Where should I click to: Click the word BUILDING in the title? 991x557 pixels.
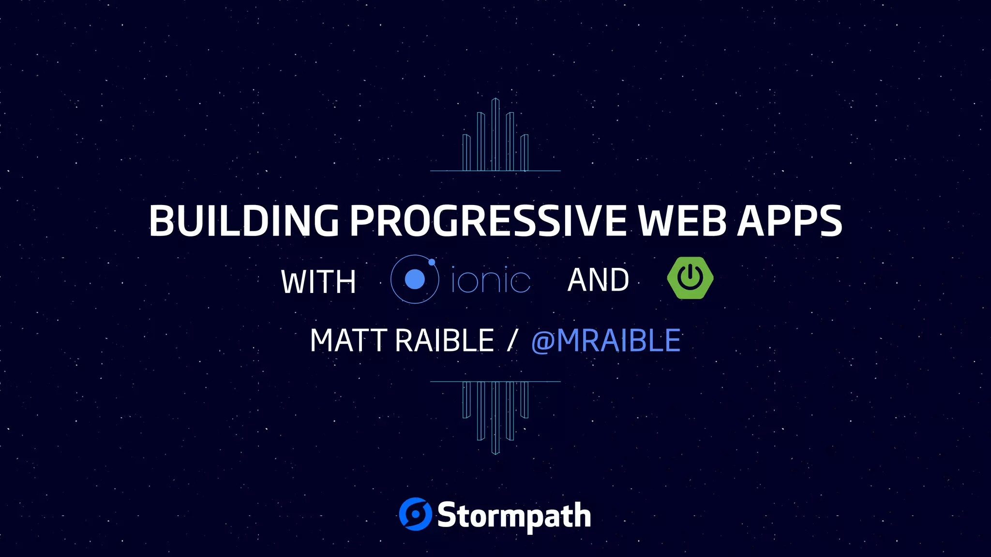pos(243,221)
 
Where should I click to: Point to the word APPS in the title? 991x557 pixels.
pos(790,221)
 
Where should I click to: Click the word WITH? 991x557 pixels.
pos(318,282)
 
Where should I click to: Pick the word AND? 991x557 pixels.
pos(598,280)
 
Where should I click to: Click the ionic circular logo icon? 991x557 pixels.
pos(415,279)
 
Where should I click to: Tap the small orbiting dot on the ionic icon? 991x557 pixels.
pos(432,262)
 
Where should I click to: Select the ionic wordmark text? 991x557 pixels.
pos(491,280)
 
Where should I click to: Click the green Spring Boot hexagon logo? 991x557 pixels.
pos(690,278)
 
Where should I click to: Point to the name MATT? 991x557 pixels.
pos(348,340)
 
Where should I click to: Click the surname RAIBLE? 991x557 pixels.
pos(444,340)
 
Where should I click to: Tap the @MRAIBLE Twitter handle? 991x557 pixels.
pos(606,340)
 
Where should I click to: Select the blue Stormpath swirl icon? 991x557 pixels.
pos(415,514)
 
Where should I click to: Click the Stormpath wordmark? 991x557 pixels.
pos(514,516)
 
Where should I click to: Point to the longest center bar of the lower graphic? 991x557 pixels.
pos(495,418)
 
